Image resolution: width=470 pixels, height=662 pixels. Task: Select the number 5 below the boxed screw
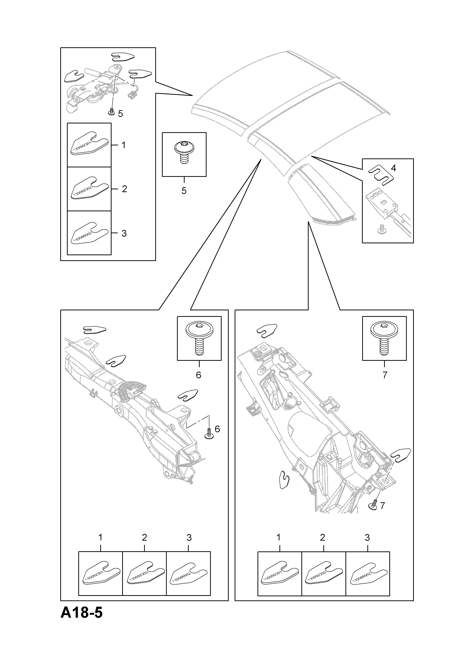pos(184,191)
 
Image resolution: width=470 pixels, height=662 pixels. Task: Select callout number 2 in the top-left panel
pos(124,189)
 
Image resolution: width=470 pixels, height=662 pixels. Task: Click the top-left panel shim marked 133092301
pos(89,144)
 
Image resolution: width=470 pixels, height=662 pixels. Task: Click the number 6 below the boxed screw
pos(199,375)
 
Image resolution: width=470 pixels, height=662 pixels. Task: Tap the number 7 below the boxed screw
pos(385,375)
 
